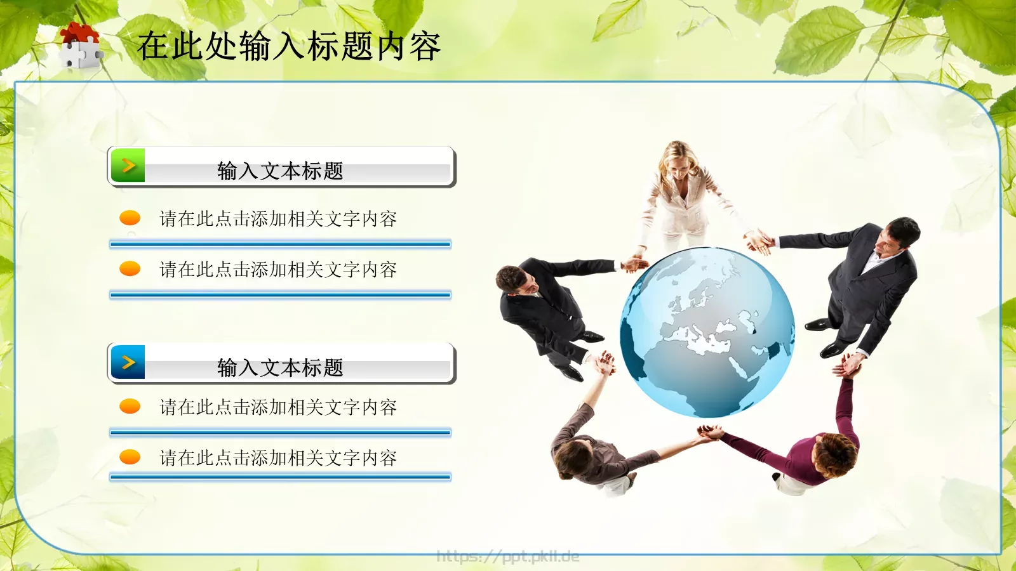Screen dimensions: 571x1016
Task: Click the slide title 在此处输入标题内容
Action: click(289, 46)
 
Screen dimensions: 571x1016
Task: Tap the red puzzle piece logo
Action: click(80, 45)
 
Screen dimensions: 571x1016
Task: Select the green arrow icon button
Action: click(128, 166)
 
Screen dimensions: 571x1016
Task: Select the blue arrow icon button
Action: click(128, 362)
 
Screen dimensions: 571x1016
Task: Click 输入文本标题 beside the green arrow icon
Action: click(280, 171)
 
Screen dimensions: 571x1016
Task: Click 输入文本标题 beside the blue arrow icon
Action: click(280, 367)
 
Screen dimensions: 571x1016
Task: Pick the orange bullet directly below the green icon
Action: click(130, 218)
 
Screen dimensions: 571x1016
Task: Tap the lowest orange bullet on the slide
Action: click(130, 457)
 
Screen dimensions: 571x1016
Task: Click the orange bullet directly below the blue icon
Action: click(130, 406)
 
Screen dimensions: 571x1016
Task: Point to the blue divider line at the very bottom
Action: click(280, 476)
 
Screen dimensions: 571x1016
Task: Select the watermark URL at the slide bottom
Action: click(508, 557)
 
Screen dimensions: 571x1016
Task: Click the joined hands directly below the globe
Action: click(710, 433)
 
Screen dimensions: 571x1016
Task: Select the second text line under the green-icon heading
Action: click(278, 270)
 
